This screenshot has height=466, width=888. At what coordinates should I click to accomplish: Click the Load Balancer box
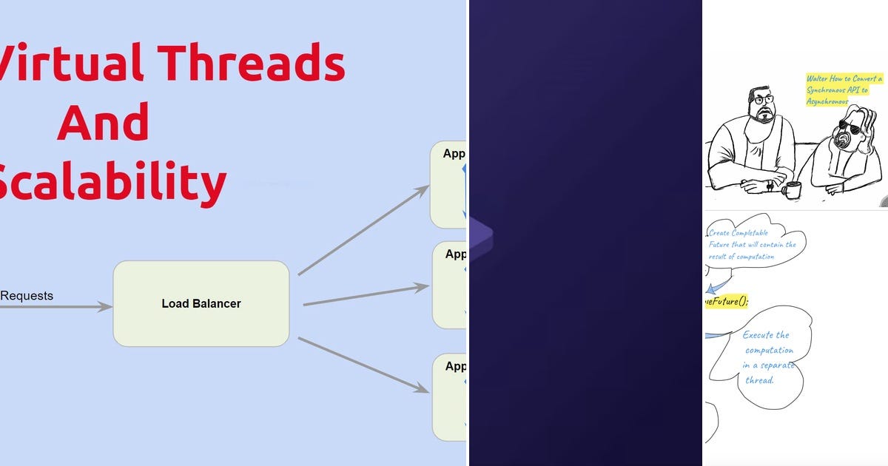click(201, 303)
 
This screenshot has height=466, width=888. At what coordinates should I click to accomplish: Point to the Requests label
click(27, 296)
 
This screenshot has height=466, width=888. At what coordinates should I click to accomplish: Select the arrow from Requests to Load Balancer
click(55, 306)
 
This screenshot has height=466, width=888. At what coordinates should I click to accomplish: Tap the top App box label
click(454, 154)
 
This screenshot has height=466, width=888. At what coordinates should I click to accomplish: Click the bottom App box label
click(455, 366)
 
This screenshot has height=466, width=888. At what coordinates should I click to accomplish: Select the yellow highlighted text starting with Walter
click(844, 89)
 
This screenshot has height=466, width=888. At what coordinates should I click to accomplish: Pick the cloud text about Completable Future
click(751, 245)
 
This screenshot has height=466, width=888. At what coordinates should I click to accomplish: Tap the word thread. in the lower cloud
click(759, 380)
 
